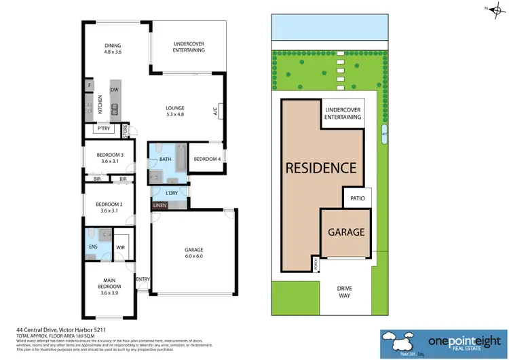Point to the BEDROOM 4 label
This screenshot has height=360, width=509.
(x=206, y=159)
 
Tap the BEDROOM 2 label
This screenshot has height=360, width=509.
(x=109, y=206)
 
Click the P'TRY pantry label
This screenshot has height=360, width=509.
(x=104, y=129)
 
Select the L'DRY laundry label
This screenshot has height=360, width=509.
(x=172, y=193)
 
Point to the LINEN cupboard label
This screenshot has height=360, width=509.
(x=159, y=205)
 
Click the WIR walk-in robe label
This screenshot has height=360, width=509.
(x=121, y=248)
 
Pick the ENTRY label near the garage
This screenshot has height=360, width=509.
(x=143, y=279)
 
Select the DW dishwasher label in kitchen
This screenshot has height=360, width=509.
(x=114, y=90)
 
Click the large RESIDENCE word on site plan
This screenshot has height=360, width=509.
(x=320, y=168)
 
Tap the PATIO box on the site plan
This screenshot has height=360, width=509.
(x=357, y=199)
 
